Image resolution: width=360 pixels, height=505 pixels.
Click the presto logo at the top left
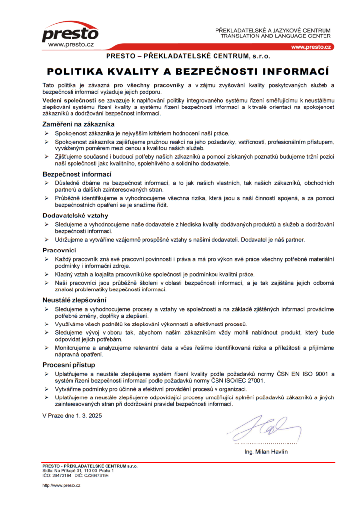coord(70,33)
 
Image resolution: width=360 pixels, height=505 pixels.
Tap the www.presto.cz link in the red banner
coord(311,47)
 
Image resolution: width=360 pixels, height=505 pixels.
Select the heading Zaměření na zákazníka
coord(79,124)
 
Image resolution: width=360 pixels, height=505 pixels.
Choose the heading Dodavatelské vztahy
coord(75,216)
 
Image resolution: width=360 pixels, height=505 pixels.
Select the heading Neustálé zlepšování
coord(74,300)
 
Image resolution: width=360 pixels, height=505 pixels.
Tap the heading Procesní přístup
coord(69,365)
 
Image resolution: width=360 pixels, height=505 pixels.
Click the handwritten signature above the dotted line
coord(264,425)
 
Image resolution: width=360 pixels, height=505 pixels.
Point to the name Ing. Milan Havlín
coord(266,452)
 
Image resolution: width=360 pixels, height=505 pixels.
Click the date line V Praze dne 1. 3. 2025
coord(72,416)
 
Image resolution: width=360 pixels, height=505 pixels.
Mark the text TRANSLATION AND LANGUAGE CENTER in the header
coord(276,36)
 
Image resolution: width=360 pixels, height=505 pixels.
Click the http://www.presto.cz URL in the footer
coord(62,486)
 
